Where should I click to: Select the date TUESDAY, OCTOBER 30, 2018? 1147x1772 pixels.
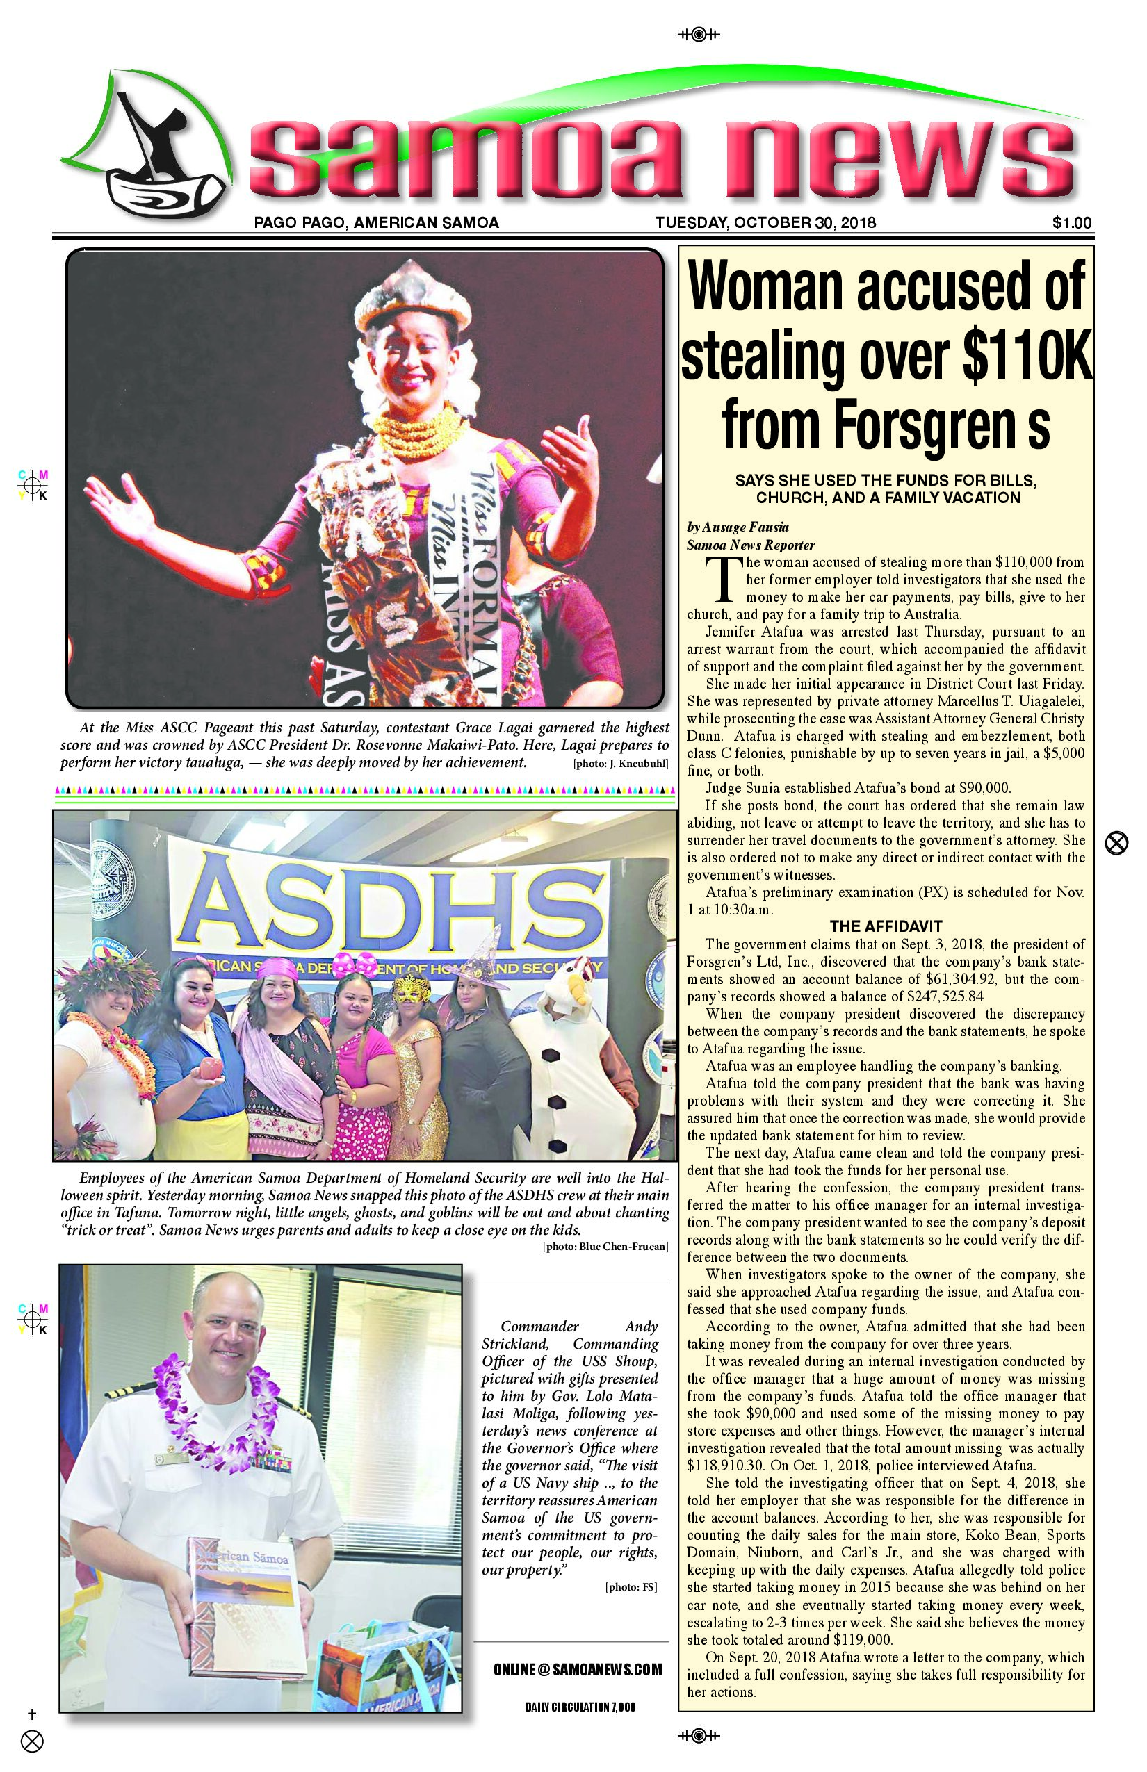point(765,222)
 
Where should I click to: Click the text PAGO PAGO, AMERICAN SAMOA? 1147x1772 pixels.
point(376,222)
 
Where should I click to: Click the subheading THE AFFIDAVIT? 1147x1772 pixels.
point(886,926)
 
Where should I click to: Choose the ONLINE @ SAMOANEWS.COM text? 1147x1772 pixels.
point(577,1670)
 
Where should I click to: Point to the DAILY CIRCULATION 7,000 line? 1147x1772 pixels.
point(580,1707)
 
